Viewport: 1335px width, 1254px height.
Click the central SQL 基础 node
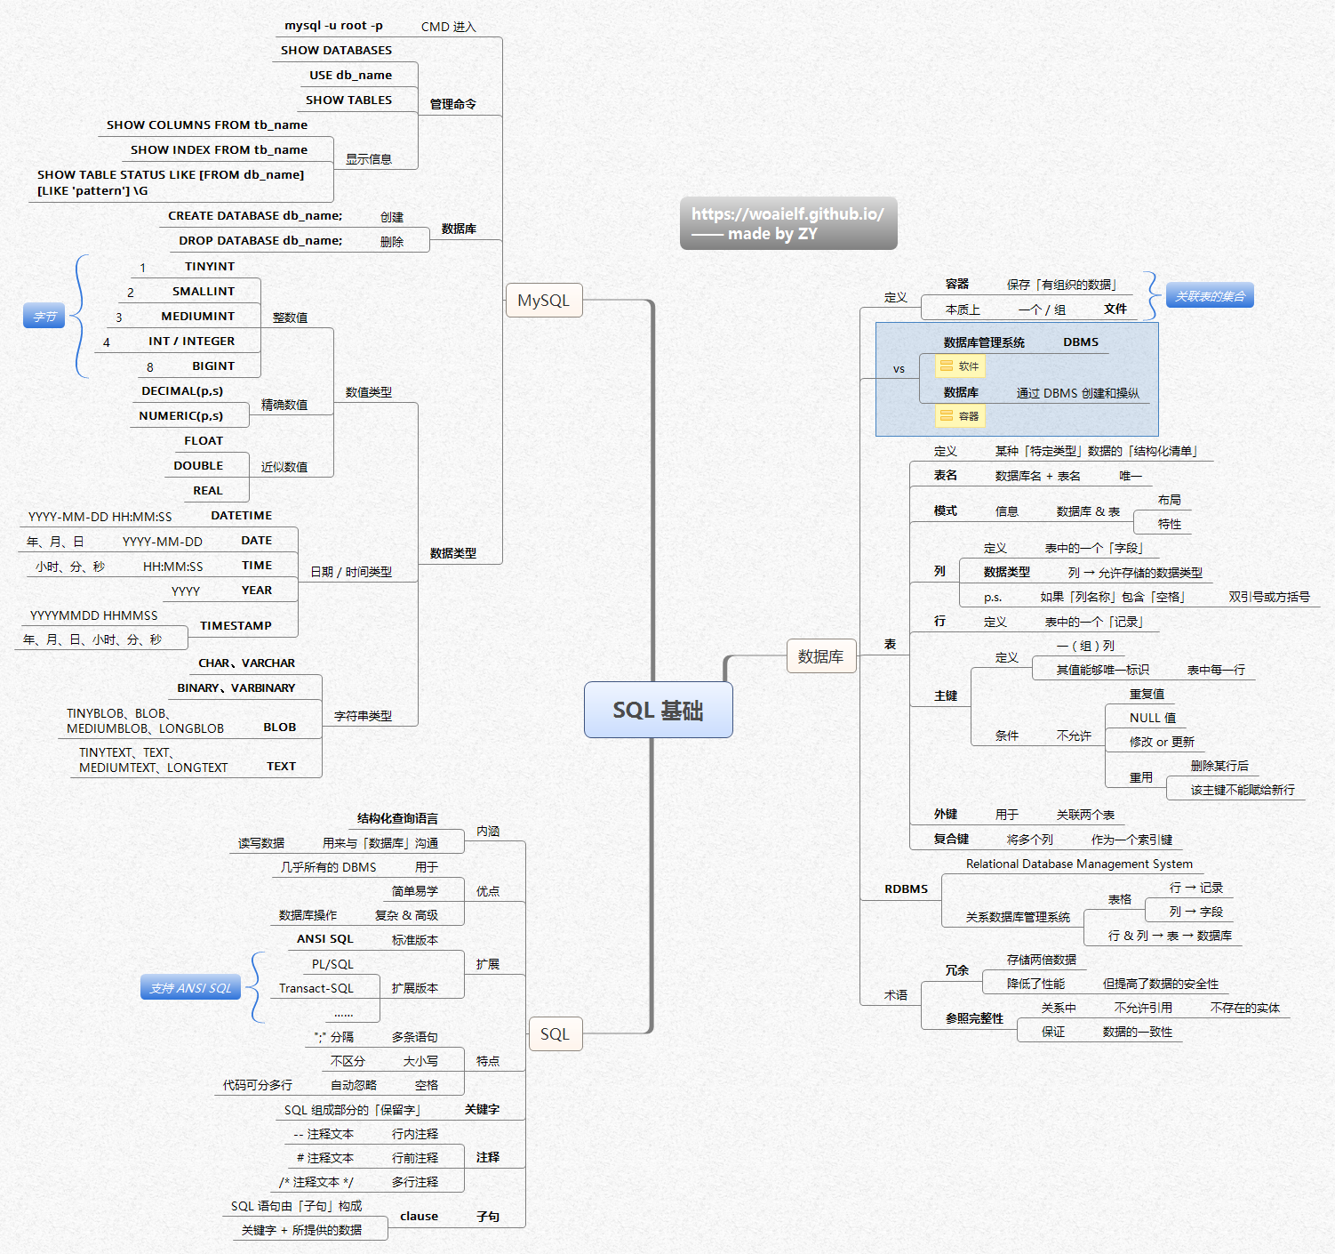658,710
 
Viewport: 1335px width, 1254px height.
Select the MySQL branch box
543,301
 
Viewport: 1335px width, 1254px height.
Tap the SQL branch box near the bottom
555,1034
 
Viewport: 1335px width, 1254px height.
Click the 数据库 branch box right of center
820,656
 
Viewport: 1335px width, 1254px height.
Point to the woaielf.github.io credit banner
787,223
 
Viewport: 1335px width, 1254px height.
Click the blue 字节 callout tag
44,317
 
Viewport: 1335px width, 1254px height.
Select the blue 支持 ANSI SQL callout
190,988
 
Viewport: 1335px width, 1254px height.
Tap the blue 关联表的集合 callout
1210,296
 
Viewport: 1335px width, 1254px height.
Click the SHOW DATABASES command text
336,51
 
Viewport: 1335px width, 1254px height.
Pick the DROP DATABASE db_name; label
260,241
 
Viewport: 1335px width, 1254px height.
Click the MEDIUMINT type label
197,317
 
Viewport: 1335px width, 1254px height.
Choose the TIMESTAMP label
236,626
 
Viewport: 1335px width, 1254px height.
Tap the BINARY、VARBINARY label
236,688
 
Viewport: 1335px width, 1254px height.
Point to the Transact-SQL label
316,988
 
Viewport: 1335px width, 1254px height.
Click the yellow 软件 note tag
960,366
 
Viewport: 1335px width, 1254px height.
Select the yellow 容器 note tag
960,416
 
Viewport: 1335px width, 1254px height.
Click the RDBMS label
906,889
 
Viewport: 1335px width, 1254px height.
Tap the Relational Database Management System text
1079,864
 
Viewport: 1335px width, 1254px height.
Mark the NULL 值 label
1152,718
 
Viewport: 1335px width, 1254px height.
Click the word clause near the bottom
419,1217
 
